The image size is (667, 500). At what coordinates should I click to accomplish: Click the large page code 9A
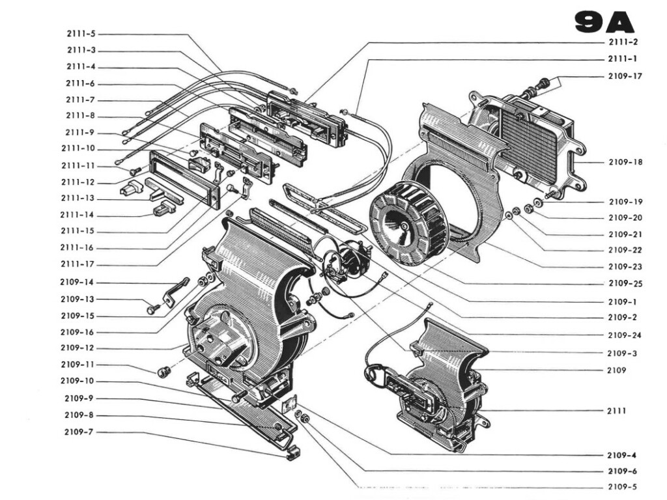point(604,22)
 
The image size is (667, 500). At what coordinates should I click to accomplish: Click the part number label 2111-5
point(81,34)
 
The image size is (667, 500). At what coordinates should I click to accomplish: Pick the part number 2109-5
point(622,487)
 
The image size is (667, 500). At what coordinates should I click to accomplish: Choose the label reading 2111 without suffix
point(616,411)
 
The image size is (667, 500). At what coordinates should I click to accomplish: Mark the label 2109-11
point(78,365)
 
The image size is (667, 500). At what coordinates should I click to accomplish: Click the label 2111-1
point(622,59)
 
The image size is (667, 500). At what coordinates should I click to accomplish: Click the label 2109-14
point(78,283)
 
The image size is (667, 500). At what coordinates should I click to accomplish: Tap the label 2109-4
point(622,454)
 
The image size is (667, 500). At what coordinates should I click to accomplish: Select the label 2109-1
point(622,302)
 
